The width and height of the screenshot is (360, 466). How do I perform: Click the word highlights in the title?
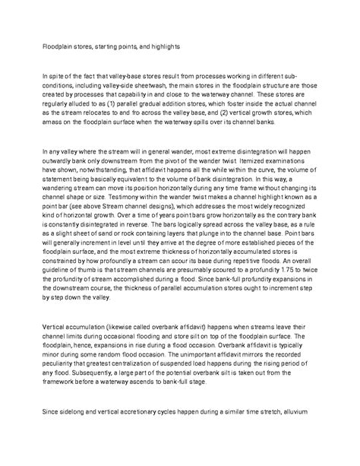[x=162, y=46]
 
